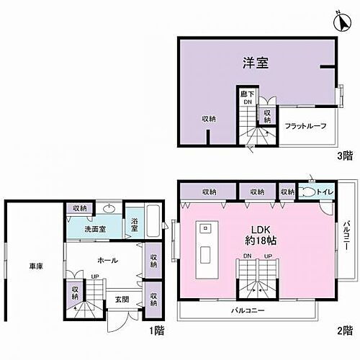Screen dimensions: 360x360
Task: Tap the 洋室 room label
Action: pos(256,63)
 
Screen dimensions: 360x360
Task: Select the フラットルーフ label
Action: pos(305,126)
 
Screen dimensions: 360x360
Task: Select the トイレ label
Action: pos(326,192)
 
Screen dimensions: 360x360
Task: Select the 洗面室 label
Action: pos(91,228)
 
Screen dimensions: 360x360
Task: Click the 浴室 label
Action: pos(135,226)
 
